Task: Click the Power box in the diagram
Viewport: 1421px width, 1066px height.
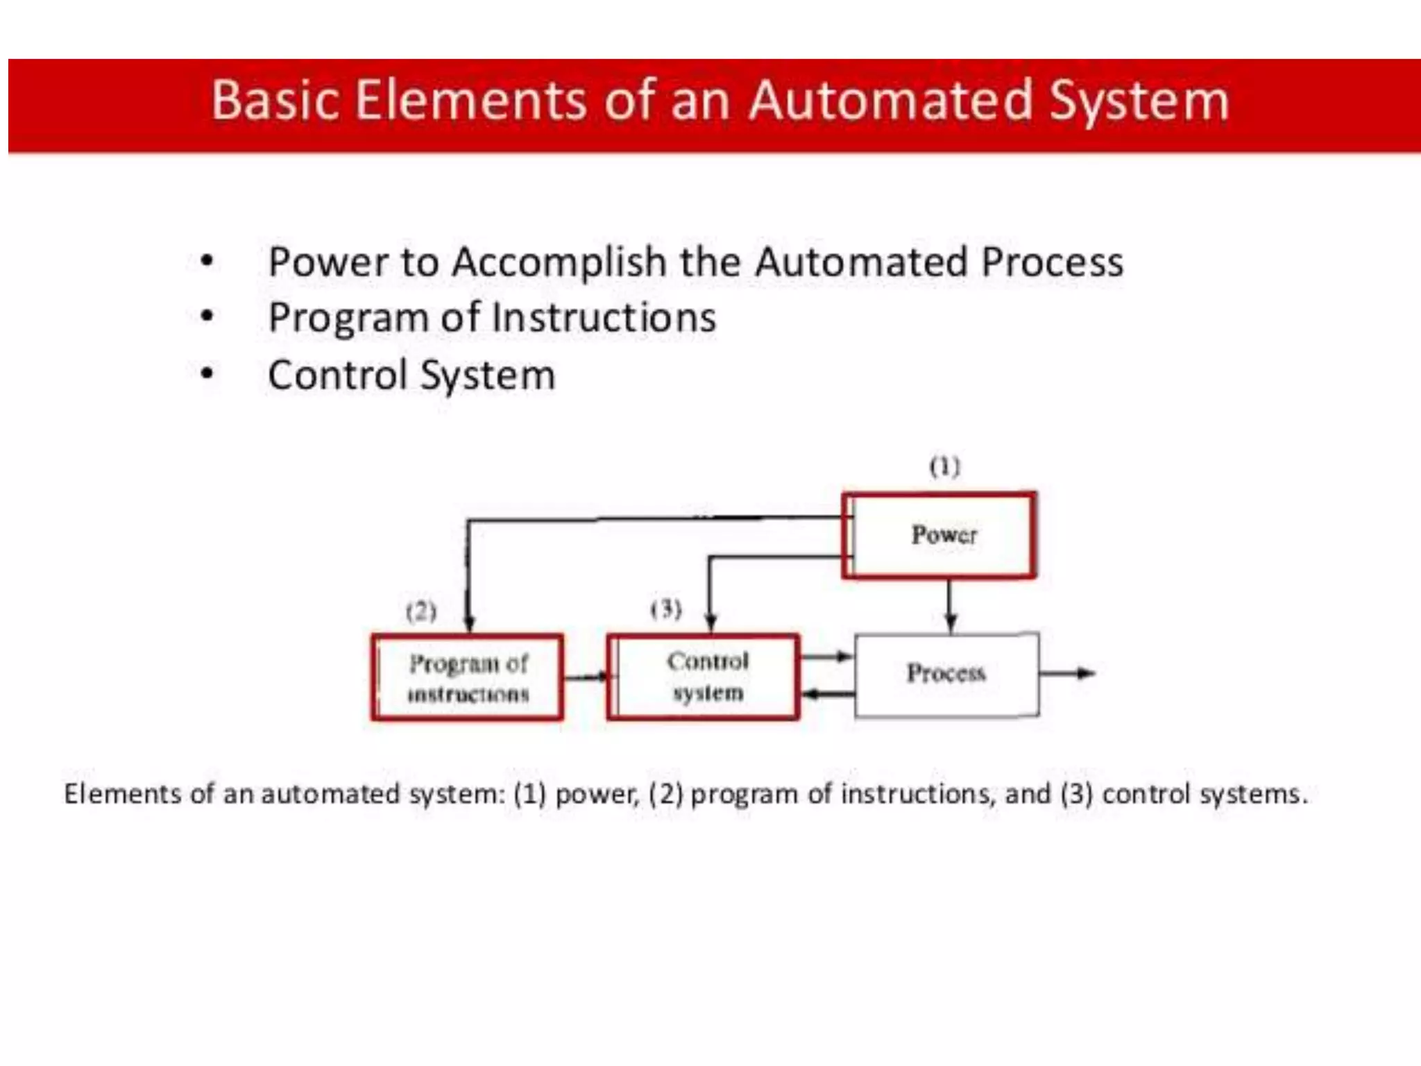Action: (940, 535)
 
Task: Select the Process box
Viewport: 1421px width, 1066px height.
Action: (946, 674)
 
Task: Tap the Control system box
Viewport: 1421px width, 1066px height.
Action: (704, 677)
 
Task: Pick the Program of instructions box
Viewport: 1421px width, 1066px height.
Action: (467, 677)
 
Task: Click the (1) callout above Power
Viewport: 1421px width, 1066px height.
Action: (945, 466)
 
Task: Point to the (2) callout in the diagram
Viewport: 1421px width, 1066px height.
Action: (421, 611)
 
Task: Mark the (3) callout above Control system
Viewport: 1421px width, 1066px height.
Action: (666, 609)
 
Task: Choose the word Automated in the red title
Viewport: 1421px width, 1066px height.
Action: (891, 101)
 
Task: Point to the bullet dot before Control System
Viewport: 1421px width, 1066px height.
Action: (206, 375)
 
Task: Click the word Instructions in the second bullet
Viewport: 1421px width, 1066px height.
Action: (604, 318)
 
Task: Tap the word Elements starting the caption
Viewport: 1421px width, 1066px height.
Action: (122, 793)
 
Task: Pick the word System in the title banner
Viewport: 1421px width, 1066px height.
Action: (1139, 101)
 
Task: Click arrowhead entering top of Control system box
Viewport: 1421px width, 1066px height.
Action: (710, 622)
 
